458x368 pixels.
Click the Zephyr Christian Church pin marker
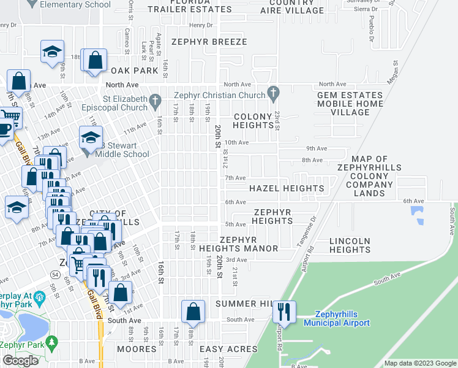point(274,94)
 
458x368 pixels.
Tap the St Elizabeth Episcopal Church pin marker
point(156,99)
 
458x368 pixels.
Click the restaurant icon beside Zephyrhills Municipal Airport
point(284,312)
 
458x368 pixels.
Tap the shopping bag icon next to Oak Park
point(94,61)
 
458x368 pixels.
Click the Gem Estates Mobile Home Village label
point(350,104)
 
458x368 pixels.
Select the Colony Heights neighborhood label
point(252,121)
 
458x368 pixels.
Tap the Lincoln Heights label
point(350,245)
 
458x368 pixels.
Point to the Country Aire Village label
point(291,6)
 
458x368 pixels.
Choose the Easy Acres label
point(228,349)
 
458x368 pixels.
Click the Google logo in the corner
point(20,361)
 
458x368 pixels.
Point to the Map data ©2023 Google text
point(419,363)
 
